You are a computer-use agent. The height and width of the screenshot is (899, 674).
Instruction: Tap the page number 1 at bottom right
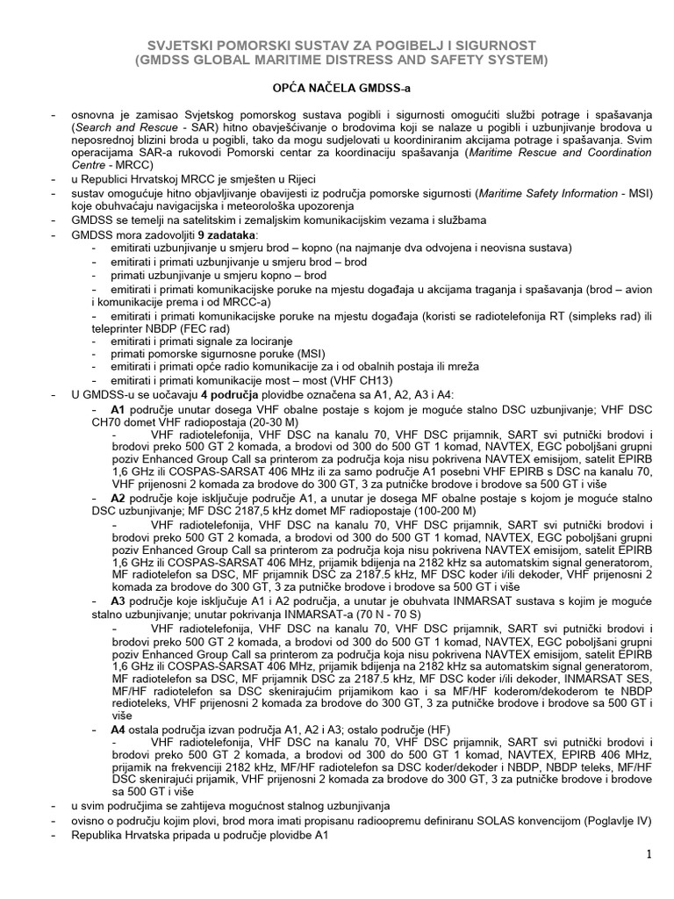[649, 854]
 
